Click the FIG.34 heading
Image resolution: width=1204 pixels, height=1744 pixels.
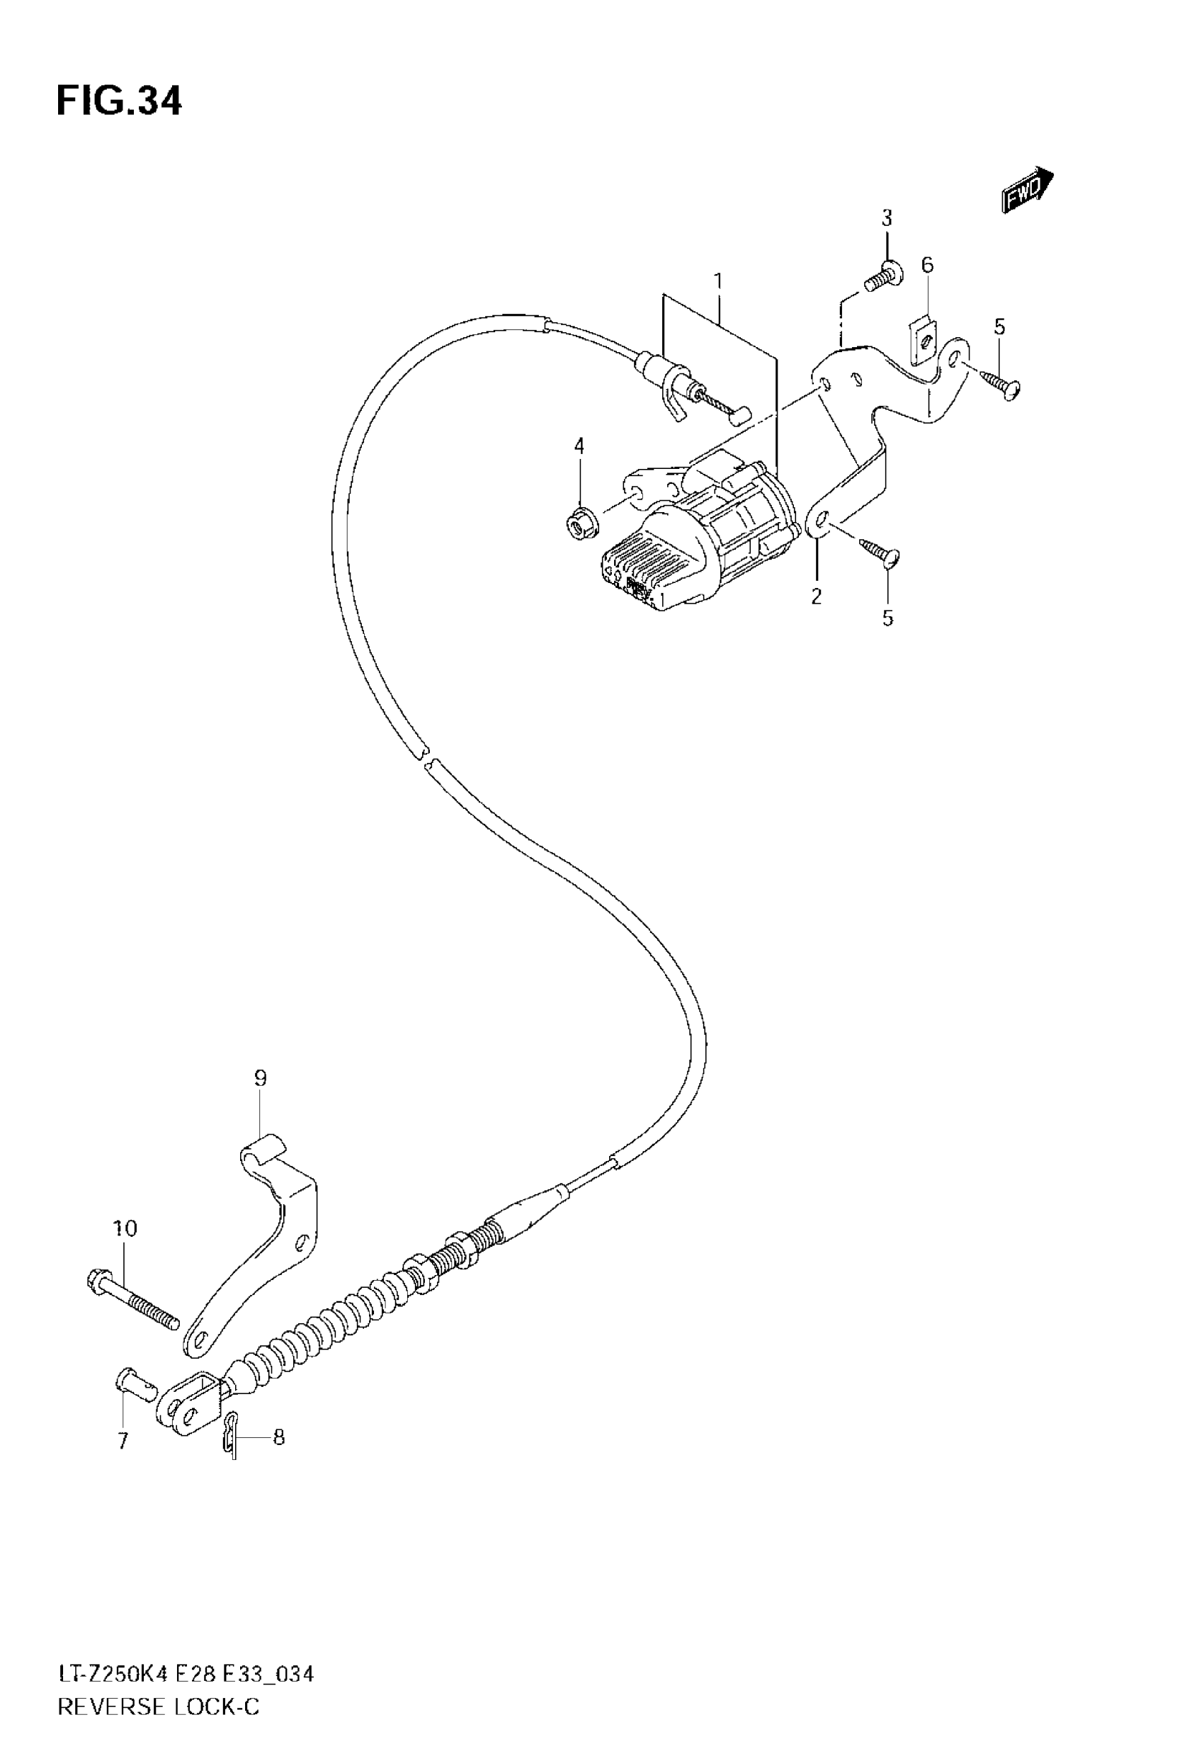(x=119, y=102)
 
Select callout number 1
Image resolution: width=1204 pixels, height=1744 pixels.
(x=718, y=281)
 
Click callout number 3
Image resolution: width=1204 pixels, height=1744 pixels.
(x=887, y=219)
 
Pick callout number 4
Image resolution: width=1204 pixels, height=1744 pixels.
(x=579, y=446)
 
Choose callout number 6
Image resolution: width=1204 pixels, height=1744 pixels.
(x=927, y=266)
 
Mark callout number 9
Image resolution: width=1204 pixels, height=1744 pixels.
(x=259, y=1078)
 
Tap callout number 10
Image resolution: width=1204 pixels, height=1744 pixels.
(x=125, y=1229)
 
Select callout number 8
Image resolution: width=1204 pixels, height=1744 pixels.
(x=278, y=1438)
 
